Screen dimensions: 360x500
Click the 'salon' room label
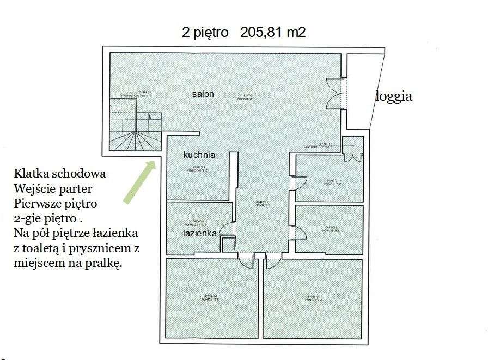coord(203,94)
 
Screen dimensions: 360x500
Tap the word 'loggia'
coord(393,97)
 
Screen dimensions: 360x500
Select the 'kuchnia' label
coord(199,155)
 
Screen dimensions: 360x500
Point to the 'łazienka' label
coord(200,233)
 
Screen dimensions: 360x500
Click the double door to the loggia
coord(334,94)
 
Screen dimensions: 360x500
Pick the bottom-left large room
coord(211,298)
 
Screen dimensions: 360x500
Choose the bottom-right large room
coord(313,298)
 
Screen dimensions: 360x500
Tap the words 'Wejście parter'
coord(54,189)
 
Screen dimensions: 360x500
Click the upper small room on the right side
coord(329,179)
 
